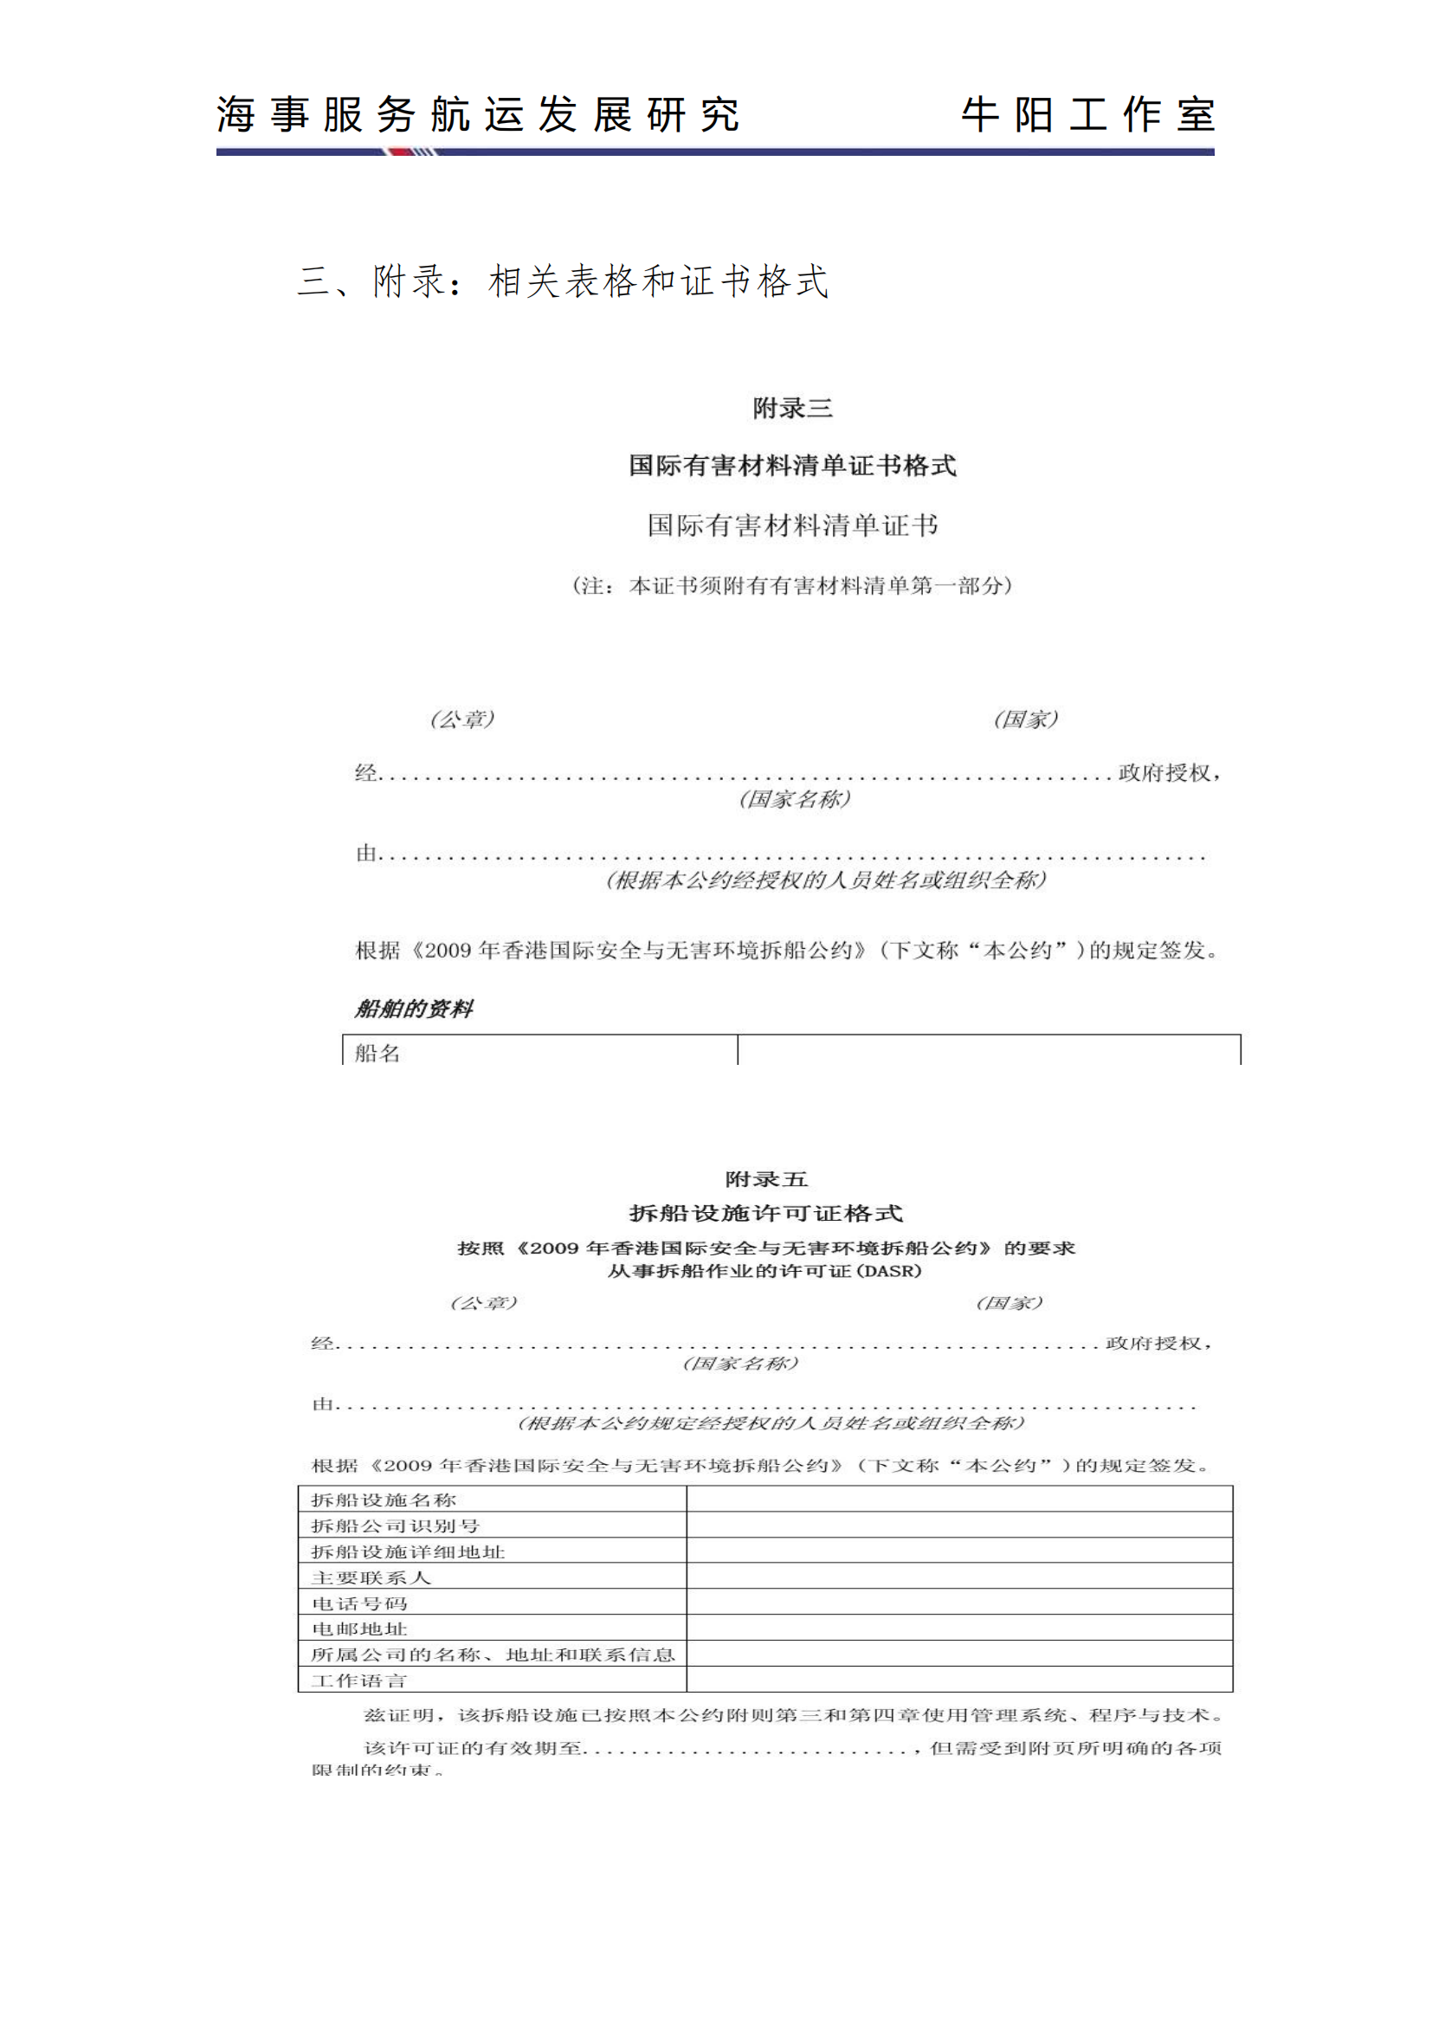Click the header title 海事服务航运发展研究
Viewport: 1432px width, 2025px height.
477,114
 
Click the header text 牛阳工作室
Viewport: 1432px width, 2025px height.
1087,114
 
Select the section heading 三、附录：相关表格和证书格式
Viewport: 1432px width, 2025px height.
563,281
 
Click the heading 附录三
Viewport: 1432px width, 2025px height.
792,408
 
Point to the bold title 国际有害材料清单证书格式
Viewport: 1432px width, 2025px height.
792,465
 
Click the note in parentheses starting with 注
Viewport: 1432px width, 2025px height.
792,584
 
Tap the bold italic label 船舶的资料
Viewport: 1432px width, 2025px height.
414,1008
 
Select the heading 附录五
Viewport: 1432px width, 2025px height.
765,1179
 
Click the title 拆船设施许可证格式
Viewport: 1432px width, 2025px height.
765,1213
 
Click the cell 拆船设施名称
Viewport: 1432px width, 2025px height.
384,1499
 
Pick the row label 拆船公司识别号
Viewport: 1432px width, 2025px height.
395,1525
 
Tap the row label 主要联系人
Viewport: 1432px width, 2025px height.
371,1577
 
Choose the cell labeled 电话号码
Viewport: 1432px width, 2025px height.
360,1603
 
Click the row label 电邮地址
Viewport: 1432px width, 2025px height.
360,1628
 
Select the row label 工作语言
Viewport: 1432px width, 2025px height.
360,1680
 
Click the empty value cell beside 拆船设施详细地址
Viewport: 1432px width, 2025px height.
959,1551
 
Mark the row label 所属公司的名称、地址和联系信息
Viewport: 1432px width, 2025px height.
492,1654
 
